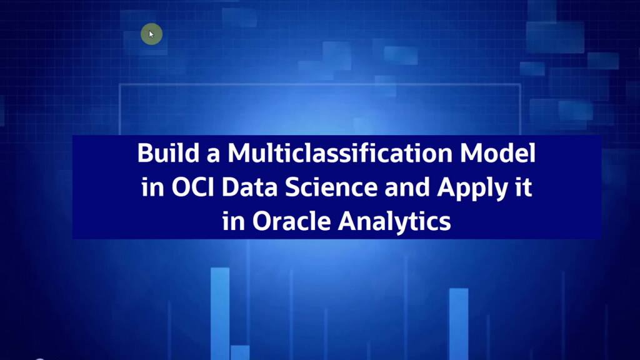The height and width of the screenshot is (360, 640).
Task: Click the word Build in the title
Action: click(x=162, y=154)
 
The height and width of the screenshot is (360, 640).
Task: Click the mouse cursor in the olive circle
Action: click(x=151, y=34)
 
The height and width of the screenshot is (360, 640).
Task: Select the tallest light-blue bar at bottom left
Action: click(x=220, y=312)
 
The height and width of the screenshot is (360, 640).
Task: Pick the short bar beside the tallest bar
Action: click(x=240, y=352)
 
